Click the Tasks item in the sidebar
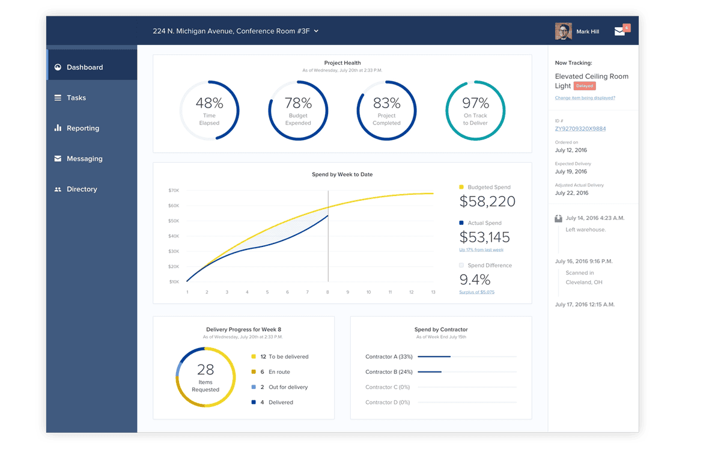click(76, 98)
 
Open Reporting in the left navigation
click(82, 129)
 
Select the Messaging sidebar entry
click(84, 159)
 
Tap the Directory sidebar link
click(81, 189)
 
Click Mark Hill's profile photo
click(563, 31)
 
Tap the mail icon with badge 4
click(620, 31)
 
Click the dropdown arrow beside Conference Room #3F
click(316, 31)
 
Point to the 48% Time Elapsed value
click(209, 103)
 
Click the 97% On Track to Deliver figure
click(475, 103)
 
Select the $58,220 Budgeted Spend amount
click(487, 201)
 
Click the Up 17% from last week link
click(481, 250)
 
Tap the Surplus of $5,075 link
click(477, 292)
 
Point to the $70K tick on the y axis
click(174, 191)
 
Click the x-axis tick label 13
click(433, 292)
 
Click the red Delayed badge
click(585, 87)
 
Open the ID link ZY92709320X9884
click(580, 129)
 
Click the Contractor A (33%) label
click(389, 357)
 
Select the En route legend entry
click(279, 372)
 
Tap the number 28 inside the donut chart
click(205, 369)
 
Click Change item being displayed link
click(585, 98)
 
